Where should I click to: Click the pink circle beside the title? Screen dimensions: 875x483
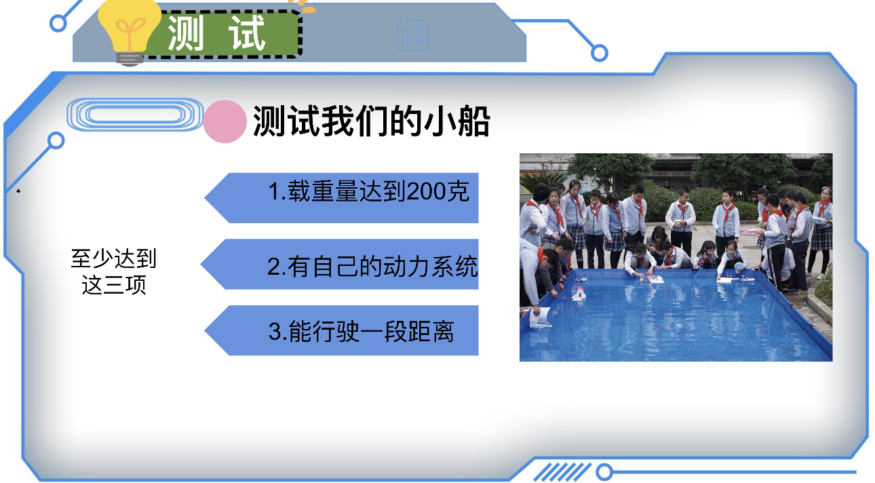click(225, 121)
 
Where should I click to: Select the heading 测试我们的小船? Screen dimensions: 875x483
click(372, 121)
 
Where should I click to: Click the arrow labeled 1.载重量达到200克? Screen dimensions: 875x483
click(342, 197)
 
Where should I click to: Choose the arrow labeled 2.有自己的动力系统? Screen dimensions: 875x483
click(340, 264)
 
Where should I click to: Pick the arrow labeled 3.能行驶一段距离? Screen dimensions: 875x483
click(342, 330)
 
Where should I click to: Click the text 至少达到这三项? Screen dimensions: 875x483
click(114, 271)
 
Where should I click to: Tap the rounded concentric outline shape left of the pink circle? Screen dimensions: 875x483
click(135, 115)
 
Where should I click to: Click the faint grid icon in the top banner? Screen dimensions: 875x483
click(412, 35)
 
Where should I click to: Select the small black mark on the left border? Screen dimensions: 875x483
click(18, 191)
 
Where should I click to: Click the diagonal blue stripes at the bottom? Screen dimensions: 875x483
click(562, 472)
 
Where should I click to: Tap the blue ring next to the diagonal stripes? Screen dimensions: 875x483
click(604, 472)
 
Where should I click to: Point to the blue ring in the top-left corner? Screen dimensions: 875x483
click(58, 24)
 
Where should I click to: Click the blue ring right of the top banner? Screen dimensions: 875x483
click(600, 53)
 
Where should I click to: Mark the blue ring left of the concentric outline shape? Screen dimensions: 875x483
click(56, 140)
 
